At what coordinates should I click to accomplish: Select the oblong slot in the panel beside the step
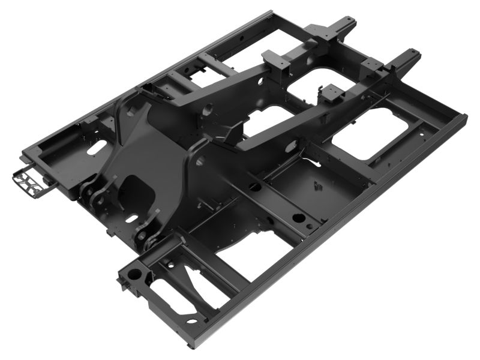[x=94, y=149]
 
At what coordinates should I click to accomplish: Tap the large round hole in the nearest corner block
[x=135, y=274]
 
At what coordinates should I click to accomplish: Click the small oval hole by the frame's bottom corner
[x=193, y=322]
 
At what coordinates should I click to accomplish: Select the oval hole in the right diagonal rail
[x=293, y=144]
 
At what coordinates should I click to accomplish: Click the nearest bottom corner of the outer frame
[x=191, y=346]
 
